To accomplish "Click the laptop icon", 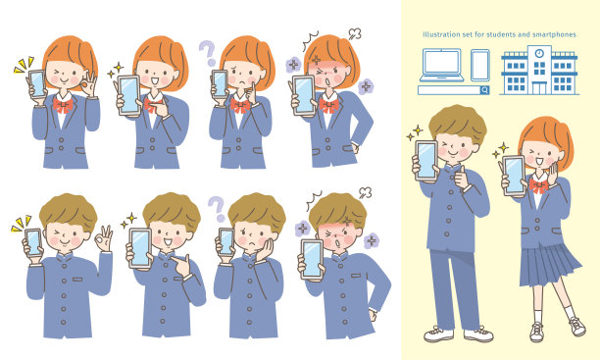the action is (x=441, y=65).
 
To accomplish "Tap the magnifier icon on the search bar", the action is (x=485, y=90).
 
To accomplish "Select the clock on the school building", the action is (x=539, y=53).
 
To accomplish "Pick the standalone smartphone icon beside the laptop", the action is (x=480, y=65).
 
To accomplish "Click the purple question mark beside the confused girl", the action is (x=208, y=52).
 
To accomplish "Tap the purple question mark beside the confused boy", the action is (x=217, y=209).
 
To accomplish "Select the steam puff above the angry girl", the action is (x=355, y=33).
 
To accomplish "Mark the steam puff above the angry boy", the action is (x=365, y=192).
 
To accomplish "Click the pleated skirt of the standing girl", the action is (x=549, y=265).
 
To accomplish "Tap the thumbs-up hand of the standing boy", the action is (x=463, y=179).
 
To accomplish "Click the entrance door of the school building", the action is (x=539, y=88).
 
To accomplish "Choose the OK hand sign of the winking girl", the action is (x=89, y=83).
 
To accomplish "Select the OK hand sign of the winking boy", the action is (x=103, y=237).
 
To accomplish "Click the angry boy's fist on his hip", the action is (x=373, y=315).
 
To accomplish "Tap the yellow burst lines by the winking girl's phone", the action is (x=24, y=65).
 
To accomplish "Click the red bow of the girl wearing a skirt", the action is (x=538, y=185).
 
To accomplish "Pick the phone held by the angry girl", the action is (x=304, y=95).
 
